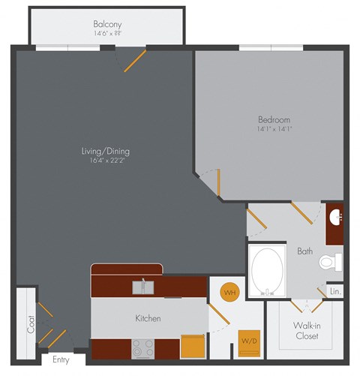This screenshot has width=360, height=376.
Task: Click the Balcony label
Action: point(109,23)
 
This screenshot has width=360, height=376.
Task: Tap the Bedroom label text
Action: point(274,119)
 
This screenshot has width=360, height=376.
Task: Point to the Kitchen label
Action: point(148,318)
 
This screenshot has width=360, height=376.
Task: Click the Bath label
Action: point(304,251)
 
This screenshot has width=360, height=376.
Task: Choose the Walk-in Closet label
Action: point(307,330)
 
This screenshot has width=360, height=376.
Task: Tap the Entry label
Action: point(61,359)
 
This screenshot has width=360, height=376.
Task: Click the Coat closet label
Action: point(31,323)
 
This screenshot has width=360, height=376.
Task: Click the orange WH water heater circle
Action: point(229,290)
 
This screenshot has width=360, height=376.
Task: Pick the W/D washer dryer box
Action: point(249,341)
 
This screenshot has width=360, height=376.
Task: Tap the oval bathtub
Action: point(267,272)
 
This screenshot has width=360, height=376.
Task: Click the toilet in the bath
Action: point(329,262)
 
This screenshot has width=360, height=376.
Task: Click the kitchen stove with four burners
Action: point(143,347)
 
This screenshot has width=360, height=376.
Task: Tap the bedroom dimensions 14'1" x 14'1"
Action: point(274,129)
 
